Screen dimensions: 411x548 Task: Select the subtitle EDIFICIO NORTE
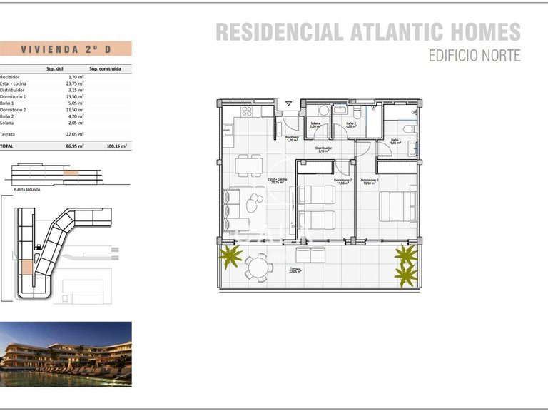tap(474, 55)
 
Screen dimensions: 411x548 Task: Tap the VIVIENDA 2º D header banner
tap(66, 49)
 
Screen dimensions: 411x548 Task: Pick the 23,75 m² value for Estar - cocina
tap(75, 83)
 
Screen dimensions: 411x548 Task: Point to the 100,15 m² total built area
tap(116, 146)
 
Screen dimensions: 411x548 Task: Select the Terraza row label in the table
tap(8, 133)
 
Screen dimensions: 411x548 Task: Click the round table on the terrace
tap(258, 268)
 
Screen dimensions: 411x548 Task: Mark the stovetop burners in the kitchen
tap(248, 111)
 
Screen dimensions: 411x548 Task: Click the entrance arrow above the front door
tap(288, 104)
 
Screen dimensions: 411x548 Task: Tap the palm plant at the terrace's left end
tap(230, 257)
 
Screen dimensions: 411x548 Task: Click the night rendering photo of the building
tap(66, 354)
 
